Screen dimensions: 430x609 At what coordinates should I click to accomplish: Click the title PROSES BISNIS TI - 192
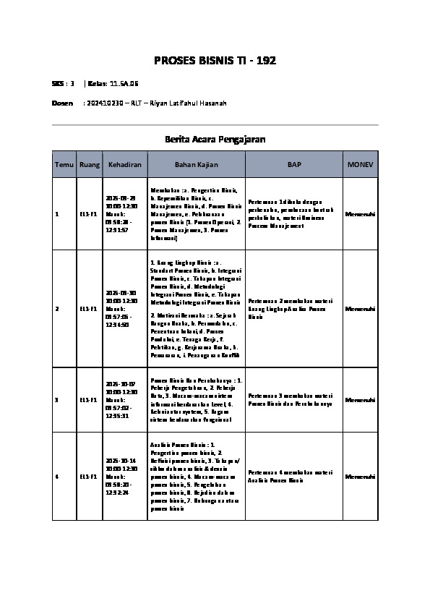coord(215,60)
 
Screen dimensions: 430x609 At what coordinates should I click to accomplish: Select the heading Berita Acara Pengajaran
coord(215,139)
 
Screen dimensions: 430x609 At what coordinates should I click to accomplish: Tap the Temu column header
coord(64,165)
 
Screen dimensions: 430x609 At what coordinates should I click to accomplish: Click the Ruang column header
coord(90,165)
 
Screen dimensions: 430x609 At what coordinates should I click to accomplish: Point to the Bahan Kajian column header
coord(196,165)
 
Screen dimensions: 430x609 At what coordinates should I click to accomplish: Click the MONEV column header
coord(360,165)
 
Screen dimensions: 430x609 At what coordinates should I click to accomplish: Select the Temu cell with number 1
coord(57,215)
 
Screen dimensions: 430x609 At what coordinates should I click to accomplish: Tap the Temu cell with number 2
coord(57,309)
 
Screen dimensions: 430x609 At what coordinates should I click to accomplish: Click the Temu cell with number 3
coord(57,399)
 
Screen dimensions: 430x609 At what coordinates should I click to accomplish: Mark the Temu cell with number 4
coord(57,477)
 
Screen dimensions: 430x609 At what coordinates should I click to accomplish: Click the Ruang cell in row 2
coord(90,309)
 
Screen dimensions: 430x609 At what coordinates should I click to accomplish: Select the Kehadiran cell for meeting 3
coord(125,399)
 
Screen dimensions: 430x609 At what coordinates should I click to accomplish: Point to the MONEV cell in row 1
coord(360,215)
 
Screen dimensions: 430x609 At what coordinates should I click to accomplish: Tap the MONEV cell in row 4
coord(360,477)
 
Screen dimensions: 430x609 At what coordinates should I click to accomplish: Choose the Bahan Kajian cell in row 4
coord(196,477)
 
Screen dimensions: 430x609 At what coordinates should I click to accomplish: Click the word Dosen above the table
coord(62,103)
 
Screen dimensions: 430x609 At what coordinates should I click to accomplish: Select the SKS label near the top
coord(58,84)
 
